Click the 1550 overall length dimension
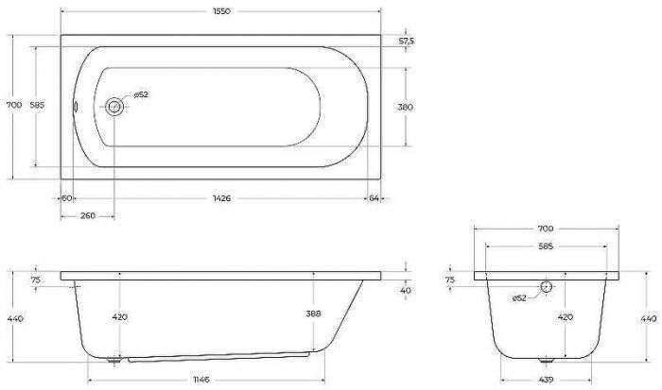221,11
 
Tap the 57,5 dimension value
407,41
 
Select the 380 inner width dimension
406,107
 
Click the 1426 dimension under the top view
221,198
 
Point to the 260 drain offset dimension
88,216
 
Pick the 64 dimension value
375,198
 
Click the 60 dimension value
67,198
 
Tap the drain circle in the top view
114,107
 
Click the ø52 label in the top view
141,94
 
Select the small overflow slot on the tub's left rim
75,107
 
